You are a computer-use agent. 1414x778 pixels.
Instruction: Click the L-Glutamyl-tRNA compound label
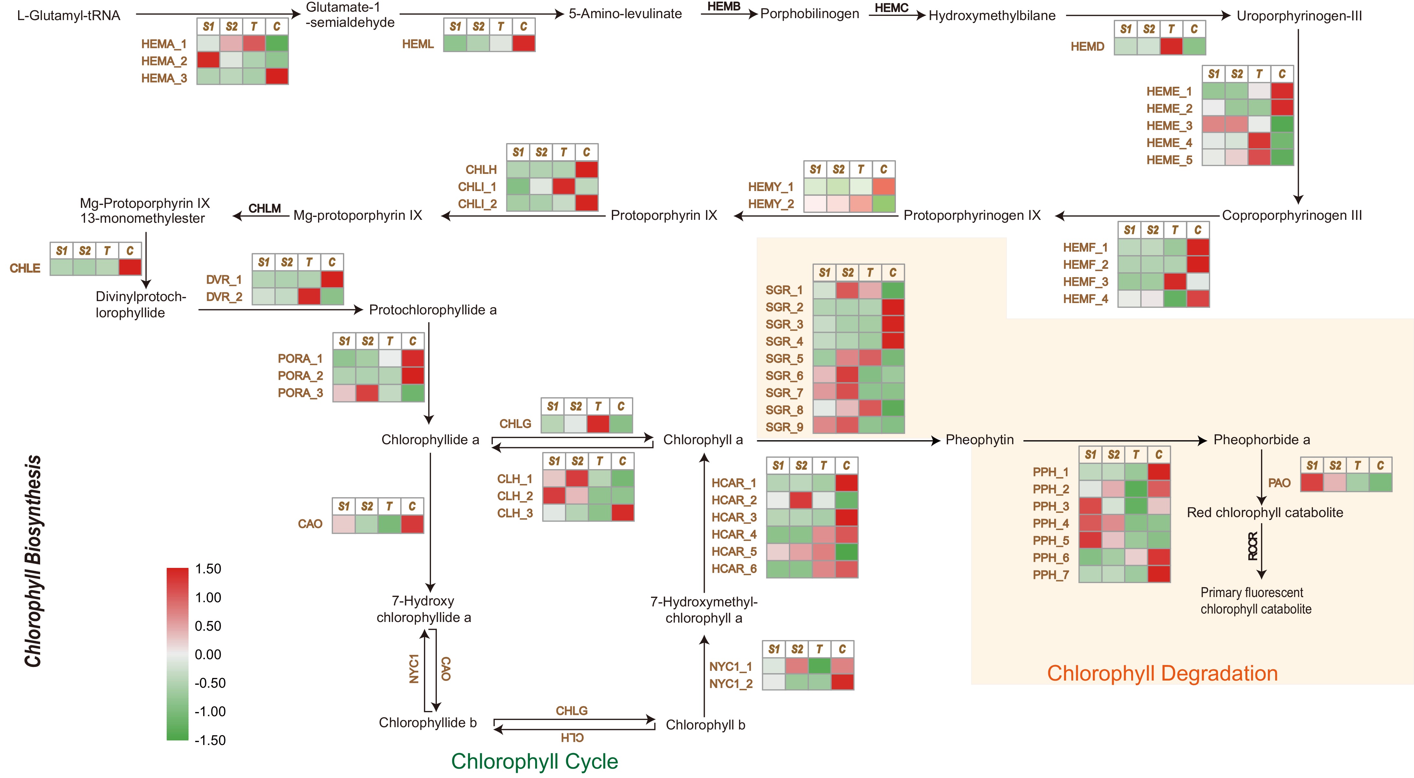[x=69, y=15]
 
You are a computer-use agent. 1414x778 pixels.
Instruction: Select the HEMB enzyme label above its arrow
[x=724, y=6]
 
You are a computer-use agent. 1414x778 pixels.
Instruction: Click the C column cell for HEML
[x=524, y=43]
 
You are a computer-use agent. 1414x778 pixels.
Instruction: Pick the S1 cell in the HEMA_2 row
[x=208, y=60]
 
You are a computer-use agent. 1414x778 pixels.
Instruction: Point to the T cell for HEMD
[x=1171, y=46]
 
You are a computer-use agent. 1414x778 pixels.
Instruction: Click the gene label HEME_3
[x=1169, y=126]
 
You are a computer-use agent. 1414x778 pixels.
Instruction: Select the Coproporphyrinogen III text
[x=1292, y=215]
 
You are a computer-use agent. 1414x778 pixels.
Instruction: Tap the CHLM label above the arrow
[x=265, y=208]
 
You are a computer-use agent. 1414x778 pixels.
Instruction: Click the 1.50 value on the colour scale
[x=208, y=569]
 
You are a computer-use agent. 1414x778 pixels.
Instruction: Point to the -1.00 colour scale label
[x=210, y=712]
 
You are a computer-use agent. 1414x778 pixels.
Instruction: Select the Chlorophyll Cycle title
[x=534, y=761]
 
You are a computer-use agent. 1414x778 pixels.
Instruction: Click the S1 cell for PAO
[x=1312, y=483]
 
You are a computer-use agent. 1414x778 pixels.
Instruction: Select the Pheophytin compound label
[x=979, y=440]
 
